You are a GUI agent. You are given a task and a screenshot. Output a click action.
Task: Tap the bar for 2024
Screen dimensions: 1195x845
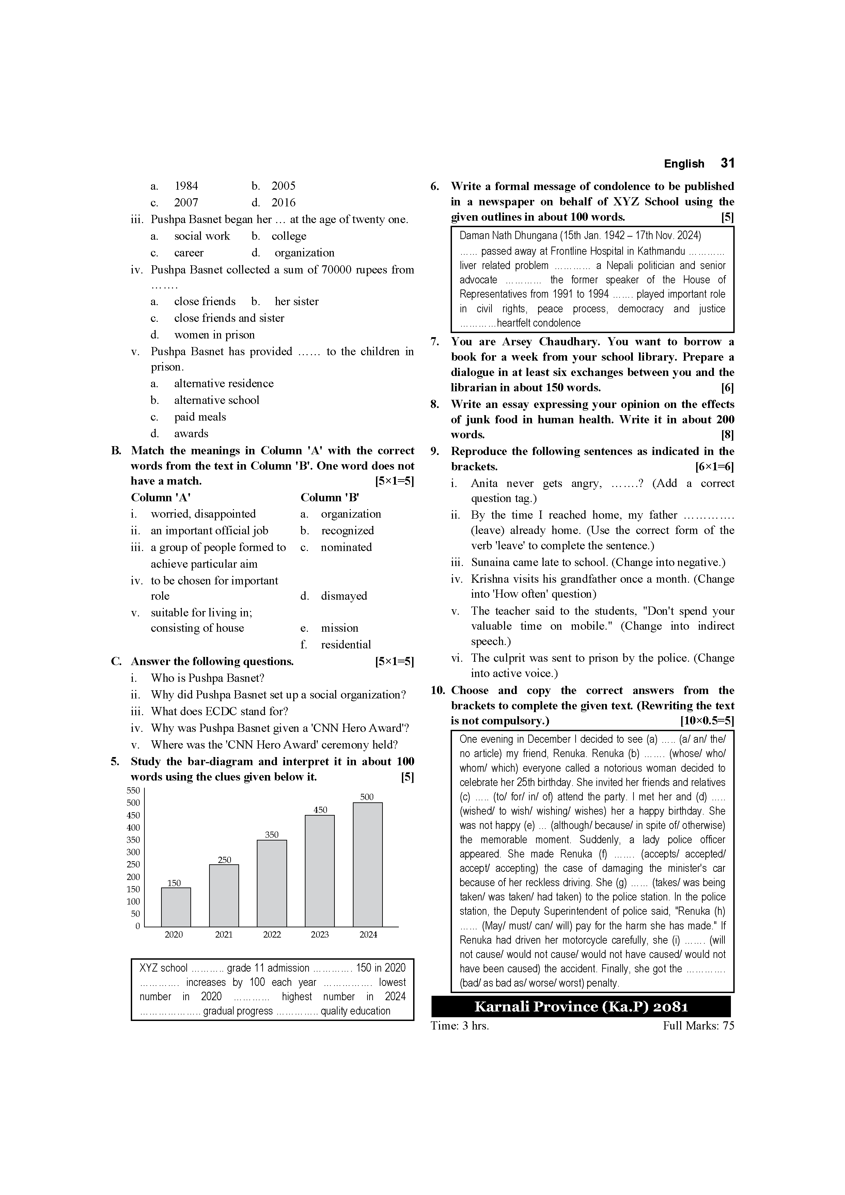(x=367, y=864)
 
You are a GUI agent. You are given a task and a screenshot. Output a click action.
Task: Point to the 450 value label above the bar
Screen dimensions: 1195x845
(x=320, y=810)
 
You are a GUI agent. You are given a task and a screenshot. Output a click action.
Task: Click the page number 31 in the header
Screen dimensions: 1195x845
(x=727, y=163)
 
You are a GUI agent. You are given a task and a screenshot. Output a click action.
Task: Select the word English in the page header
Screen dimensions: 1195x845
(x=684, y=164)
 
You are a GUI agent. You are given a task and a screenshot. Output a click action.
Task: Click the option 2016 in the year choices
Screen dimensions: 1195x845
(x=283, y=203)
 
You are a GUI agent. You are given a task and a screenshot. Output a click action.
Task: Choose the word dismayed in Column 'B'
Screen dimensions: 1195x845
(x=344, y=596)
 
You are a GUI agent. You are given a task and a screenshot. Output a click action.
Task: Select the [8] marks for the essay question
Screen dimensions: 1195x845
(x=727, y=435)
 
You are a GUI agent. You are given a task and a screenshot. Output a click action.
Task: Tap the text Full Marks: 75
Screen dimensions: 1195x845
(x=698, y=1026)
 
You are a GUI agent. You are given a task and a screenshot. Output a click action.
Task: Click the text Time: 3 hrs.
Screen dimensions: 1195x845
(x=460, y=1026)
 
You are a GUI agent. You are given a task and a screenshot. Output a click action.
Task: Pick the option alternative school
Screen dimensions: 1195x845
(x=217, y=400)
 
